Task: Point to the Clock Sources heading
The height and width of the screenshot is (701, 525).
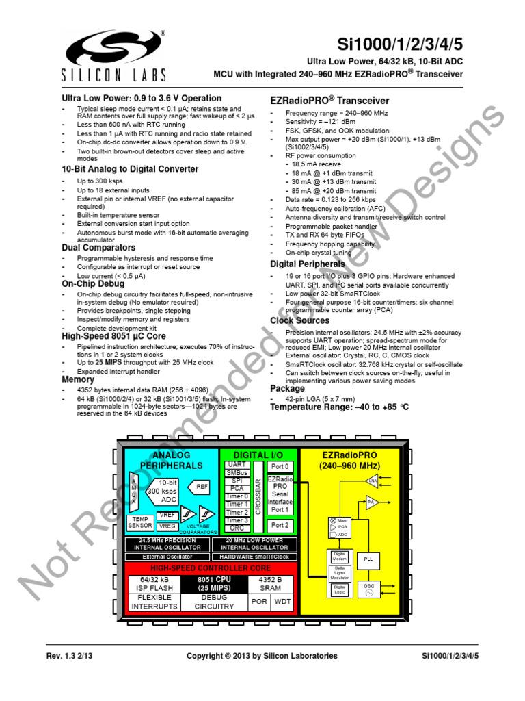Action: pos(299,320)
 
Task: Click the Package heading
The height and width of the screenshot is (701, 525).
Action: pos(287,388)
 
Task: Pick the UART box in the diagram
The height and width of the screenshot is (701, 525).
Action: pos(237,465)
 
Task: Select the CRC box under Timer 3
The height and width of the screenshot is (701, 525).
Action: pos(237,528)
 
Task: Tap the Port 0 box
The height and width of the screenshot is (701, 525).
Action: pos(280,466)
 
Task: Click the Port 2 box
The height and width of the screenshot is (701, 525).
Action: pos(280,526)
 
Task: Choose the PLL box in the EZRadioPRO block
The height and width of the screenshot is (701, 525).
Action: pos(368,559)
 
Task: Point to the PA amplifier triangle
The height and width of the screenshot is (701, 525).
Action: pos(371,503)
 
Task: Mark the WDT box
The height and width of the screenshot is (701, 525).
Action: pos(282,602)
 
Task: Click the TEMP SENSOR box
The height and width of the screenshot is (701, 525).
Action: pos(140,522)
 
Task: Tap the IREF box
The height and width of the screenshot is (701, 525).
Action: pos(202,487)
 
